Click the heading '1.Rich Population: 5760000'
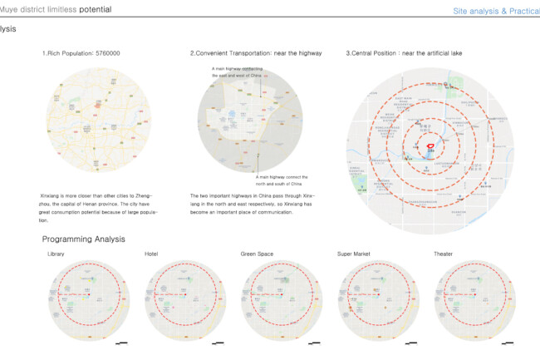click(x=81, y=53)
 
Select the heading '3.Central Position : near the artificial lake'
click(x=404, y=53)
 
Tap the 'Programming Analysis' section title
click(x=83, y=239)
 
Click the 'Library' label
click(x=56, y=253)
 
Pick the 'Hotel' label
click(x=150, y=253)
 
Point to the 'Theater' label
click(x=444, y=253)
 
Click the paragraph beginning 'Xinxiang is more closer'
click(x=98, y=208)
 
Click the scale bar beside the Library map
click(x=122, y=342)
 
